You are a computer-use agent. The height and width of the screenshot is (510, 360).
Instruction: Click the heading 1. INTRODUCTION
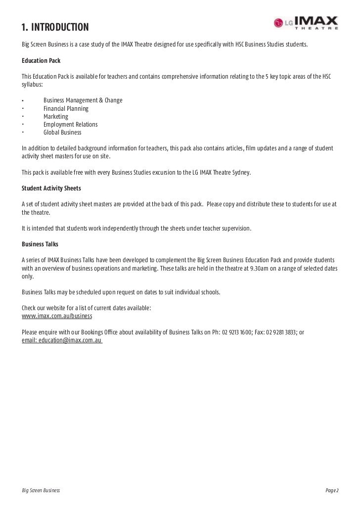click(55, 26)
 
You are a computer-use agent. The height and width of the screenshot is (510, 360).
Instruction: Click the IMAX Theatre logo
click(307, 23)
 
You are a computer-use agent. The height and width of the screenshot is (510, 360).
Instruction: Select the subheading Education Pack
click(41, 61)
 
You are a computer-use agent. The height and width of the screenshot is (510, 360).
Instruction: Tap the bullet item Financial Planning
click(66, 108)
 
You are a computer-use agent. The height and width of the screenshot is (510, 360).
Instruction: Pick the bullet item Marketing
click(55, 116)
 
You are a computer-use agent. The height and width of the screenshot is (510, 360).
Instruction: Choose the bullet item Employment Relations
click(70, 124)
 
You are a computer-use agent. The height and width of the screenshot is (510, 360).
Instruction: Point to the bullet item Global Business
click(62, 132)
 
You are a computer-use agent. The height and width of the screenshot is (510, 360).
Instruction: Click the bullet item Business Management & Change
click(83, 100)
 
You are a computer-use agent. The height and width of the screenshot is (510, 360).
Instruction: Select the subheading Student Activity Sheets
click(51, 188)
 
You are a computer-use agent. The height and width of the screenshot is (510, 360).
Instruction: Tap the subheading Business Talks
click(40, 244)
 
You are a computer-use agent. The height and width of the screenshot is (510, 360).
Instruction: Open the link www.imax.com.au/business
click(57, 316)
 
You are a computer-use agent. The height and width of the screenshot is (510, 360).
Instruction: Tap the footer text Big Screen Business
click(41, 490)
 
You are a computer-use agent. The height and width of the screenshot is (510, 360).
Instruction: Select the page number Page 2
click(332, 490)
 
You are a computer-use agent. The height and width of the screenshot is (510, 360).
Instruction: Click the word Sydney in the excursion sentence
click(241, 173)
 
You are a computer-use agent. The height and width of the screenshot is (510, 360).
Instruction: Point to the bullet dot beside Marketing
click(23, 116)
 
